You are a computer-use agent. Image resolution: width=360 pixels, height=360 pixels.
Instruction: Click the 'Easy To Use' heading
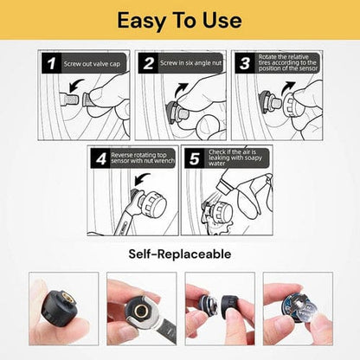(179, 21)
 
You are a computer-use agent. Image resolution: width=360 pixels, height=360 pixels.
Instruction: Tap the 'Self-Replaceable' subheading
(180, 254)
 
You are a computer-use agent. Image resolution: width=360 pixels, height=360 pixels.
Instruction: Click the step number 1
(52, 63)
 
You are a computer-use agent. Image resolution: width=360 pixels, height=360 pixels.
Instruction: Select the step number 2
(148, 63)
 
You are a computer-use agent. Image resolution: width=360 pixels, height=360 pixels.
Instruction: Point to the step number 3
(245, 63)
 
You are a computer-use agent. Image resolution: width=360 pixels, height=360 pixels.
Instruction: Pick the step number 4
(101, 159)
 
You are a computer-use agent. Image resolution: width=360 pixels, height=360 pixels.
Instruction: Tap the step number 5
(195, 158)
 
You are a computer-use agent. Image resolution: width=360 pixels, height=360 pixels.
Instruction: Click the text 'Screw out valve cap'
(92, 64)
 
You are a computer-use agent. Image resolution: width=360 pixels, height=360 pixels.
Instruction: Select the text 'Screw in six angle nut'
(191, 63)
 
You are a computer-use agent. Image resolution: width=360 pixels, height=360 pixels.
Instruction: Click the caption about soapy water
(235, 157)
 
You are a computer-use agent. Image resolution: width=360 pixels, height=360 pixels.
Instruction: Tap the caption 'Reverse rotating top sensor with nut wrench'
(143, 158)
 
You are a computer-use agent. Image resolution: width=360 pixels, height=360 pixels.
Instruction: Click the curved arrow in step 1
(76, 85)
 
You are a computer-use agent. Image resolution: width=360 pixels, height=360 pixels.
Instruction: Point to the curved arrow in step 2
(181, 89)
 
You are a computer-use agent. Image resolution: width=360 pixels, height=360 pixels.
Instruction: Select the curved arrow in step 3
(288, 87)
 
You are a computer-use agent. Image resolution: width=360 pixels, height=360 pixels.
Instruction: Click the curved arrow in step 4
(142, 179)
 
